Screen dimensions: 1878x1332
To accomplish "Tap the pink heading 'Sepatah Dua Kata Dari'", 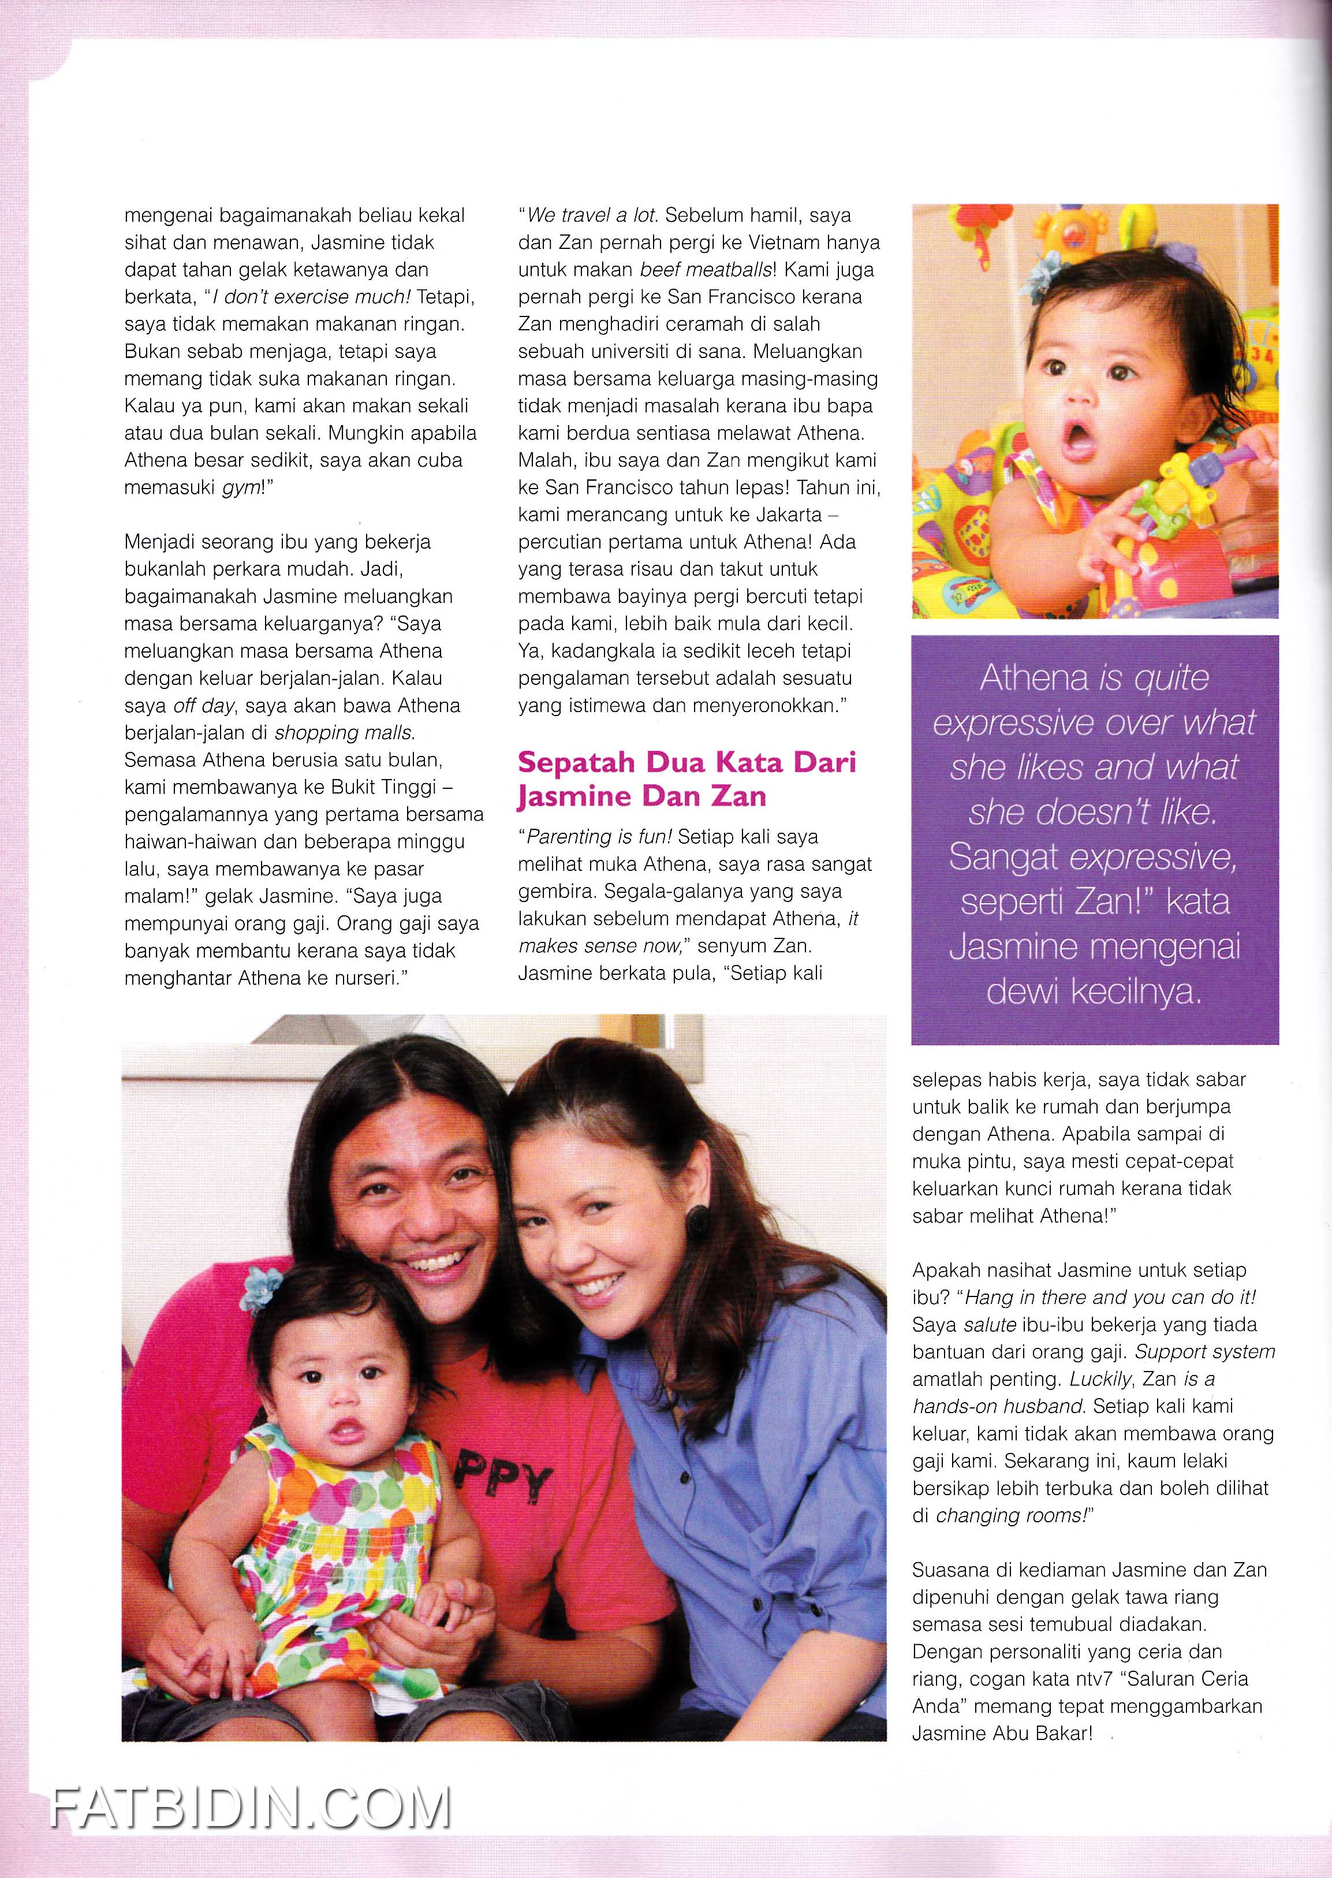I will coord(686,762).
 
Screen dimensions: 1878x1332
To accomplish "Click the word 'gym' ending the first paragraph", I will coord(238,487).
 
